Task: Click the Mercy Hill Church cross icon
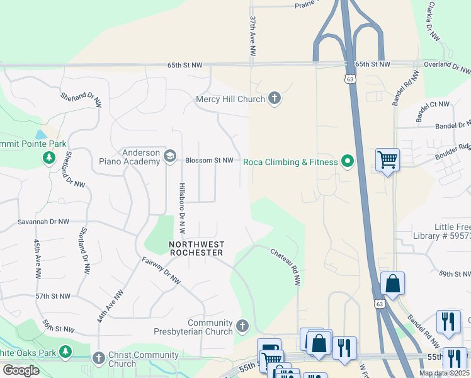click(274, 98)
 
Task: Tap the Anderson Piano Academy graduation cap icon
click(170, 156)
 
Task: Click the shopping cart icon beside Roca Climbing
click(387, 160)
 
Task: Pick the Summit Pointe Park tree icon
click(49, 157)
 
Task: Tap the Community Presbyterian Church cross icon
click(243, 327)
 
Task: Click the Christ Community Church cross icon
click(98, 358)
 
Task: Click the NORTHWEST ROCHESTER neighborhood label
click(196, 248)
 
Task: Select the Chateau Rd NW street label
click(287, 267)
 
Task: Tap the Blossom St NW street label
click(209, 161)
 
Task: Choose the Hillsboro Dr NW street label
click(181, 209)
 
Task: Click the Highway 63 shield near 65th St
click(349, 78)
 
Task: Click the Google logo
click(21, 370)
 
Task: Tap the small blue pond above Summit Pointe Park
click(41, 135)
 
